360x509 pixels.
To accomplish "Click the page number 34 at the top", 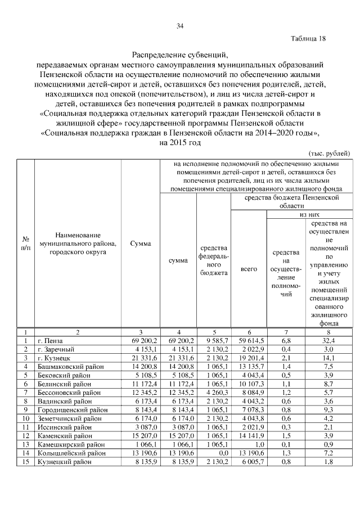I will tap(180, 26).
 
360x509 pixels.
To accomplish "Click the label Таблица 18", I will tap(308, 39).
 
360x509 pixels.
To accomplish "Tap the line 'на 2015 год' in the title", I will tap(180, 143).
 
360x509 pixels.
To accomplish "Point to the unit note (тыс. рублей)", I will tap(330, 154).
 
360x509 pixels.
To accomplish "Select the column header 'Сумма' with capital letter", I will tap(140, 244).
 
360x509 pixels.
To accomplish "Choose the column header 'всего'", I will tap(248, 269).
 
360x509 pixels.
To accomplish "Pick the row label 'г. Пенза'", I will tap(51, 341).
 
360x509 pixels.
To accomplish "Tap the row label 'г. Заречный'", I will tap(56, 349).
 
